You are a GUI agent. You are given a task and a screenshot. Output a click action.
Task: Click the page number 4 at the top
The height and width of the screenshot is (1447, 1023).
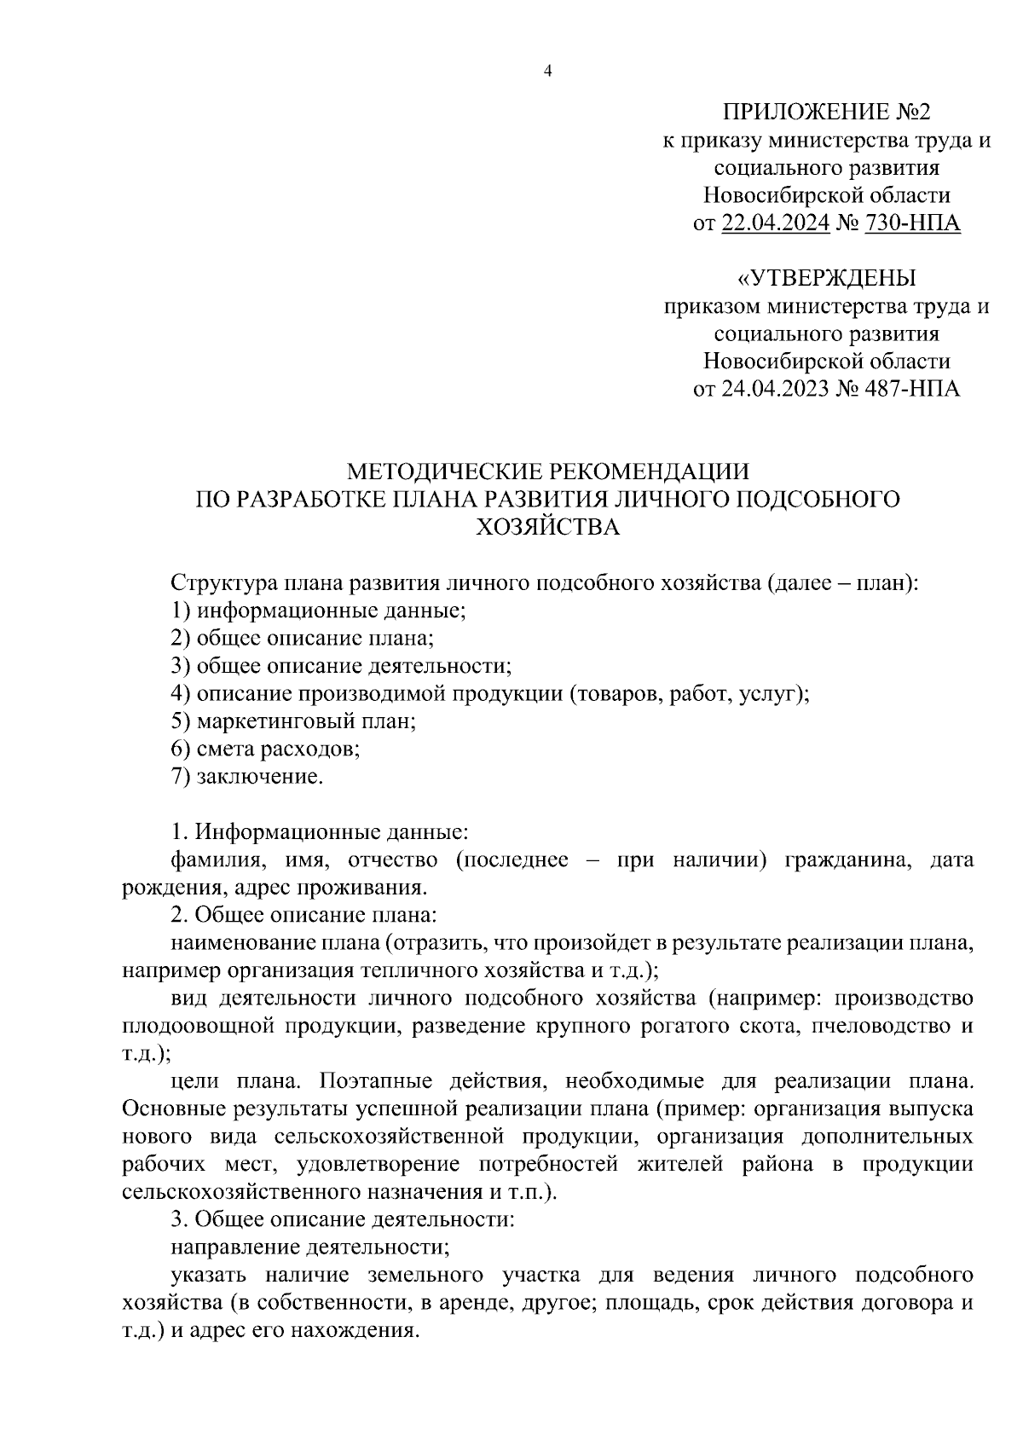click(548, 72)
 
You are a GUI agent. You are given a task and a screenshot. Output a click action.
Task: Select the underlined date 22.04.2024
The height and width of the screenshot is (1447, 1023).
click(775, 224)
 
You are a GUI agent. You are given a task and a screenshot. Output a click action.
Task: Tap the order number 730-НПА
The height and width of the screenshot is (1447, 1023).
click(912, 224)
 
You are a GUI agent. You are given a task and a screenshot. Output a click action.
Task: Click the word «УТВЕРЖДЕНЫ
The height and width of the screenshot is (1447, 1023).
click(826, 279)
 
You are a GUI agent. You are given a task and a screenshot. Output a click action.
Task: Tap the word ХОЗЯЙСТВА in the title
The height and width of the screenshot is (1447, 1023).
click(547, 527)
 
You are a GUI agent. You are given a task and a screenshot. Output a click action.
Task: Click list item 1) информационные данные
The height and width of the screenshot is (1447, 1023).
click(319, 611)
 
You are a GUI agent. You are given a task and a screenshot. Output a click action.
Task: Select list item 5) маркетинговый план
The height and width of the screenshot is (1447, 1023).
click(293, 721)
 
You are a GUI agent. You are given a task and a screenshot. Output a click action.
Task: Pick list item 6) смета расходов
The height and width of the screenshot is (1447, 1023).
click(265, 750)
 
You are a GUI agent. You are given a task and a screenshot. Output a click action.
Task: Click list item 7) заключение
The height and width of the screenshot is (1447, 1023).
click(247, 777)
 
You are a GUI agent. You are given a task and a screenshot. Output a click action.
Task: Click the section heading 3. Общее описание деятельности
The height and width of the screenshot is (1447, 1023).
click(343, 1220)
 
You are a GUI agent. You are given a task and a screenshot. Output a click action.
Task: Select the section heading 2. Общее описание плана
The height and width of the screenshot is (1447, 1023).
click(303, 915)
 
